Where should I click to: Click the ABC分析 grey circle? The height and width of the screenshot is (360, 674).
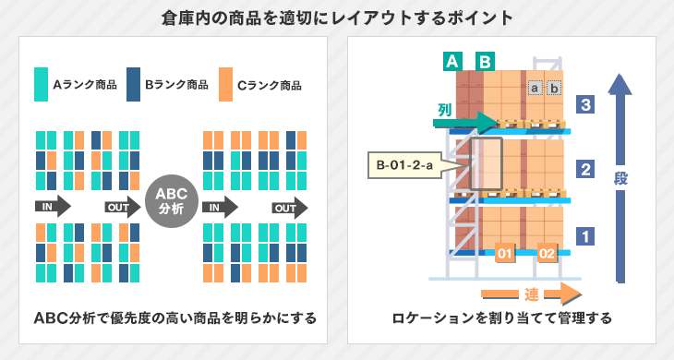coord(172,201)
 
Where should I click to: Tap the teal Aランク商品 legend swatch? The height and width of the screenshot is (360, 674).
coord(41,84)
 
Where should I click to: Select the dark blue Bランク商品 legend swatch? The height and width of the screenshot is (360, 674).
coord(133,84)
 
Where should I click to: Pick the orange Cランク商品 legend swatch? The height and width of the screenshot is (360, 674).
coord(225,84)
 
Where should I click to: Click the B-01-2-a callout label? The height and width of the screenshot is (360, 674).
coord(404,166)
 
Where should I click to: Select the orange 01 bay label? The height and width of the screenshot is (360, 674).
coord(504,252)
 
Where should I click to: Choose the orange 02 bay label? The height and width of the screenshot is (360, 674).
coord(548,252)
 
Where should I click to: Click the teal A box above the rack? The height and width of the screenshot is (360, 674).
coord(452,62)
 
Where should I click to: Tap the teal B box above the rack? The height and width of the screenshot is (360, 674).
coord(484,62)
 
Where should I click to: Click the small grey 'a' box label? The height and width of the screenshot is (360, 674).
coord(534,88)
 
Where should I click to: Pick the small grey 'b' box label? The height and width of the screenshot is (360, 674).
coord(554,88)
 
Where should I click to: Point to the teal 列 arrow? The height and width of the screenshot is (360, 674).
coord(465,117)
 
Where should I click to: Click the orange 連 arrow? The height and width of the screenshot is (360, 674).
coord(531,294)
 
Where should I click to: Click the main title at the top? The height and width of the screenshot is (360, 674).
coord(336,18)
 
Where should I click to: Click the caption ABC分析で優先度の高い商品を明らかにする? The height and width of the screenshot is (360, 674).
coord(175,319)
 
